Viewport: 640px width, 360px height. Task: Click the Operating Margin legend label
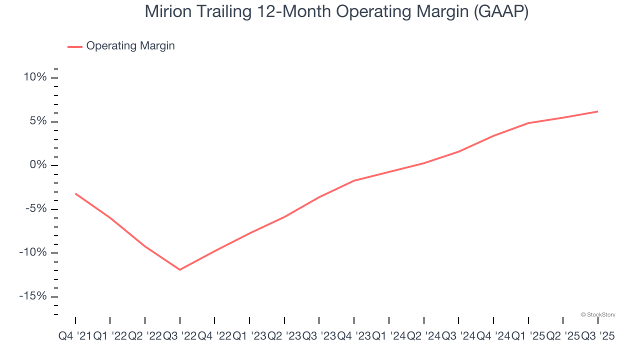pyautogui.click(x=130, y=46)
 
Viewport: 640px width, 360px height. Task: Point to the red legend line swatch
pyautogui.click(x=75, y=46)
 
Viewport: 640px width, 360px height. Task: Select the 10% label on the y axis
pyautogui.click(x=34, y=77)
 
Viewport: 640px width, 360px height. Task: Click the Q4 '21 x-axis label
pyautogui.click(x=74, y=336)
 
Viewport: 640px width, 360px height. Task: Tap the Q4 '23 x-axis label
pyautogui.click(x=353, y=336)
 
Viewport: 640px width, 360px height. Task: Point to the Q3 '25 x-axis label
pyautogui.click(x=597, y=336)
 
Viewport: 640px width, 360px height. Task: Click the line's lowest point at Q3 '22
pyautogui.click(x=179, y=269)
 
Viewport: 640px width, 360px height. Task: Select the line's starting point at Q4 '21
pyautogui.click(x=75, y=193)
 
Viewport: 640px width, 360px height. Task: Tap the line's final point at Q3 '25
pyautogui.click(x=597, y=111)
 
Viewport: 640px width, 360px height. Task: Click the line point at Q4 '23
pyautogui.click(x=354, y=180)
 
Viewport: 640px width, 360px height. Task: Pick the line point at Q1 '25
pyautogui.click(x=528, y=123)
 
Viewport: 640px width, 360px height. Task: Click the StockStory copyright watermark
pyautogui.click(x=598, y=314)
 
